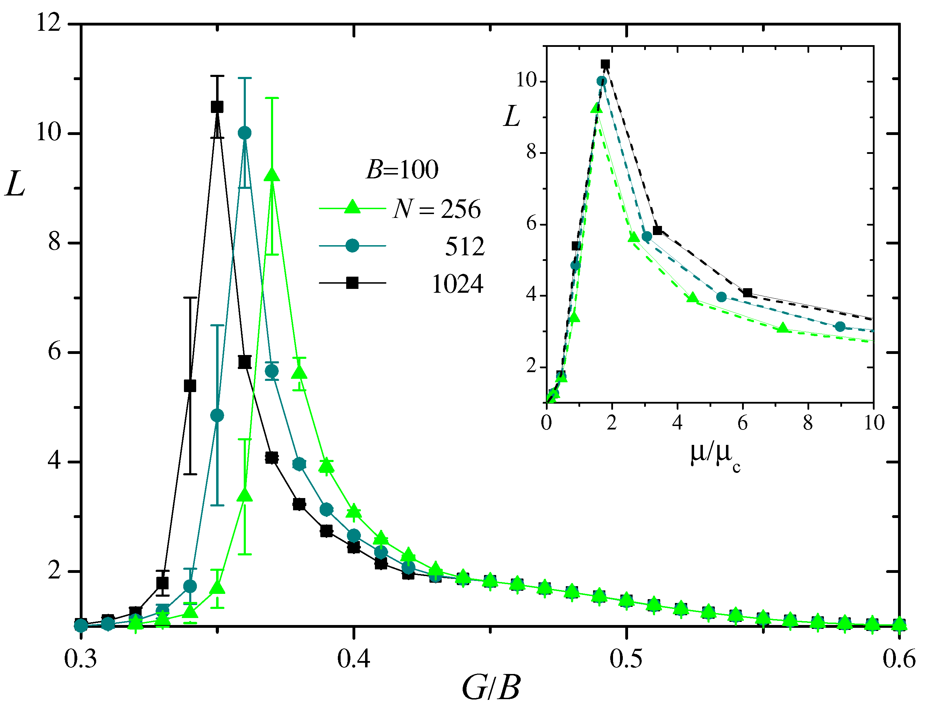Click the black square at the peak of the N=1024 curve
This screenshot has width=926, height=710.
coord(217,107)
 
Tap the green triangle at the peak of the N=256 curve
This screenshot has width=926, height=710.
coord(272,175)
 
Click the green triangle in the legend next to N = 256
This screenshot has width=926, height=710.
coord(352,207)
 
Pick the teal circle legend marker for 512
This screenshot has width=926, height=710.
coord(352,246)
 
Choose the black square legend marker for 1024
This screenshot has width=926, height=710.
coord(352,283)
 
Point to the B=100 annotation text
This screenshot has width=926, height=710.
coord(402,170)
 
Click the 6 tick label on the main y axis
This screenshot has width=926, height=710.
coord(54,351)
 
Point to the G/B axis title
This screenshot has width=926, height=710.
coord(491,688)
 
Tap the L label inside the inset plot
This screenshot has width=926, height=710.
coord(512,116)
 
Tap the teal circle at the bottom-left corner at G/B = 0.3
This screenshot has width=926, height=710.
coord(81,625)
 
